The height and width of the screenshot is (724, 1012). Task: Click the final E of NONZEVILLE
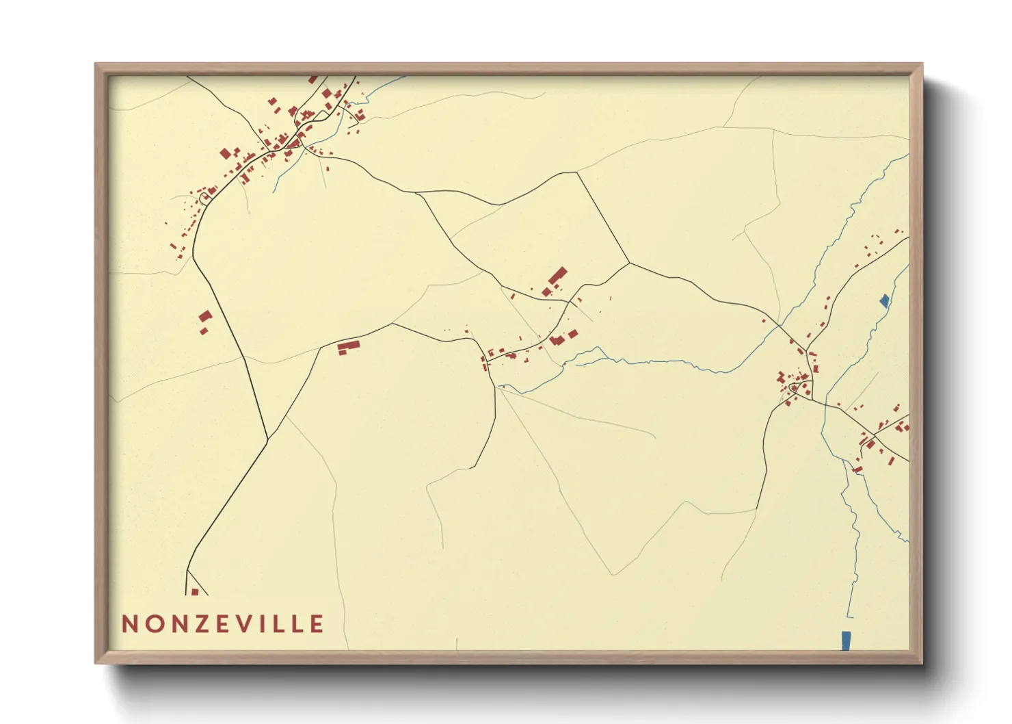tap(317, 624)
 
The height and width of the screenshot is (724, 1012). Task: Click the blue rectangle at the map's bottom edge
tap(846, 641)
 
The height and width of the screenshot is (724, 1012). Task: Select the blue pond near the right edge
tap(884, 300)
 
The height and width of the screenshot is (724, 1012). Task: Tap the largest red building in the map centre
tap(558, 276)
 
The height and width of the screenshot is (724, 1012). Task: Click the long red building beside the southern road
tap(349, 346)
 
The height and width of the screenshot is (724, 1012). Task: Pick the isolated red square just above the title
tap(195, 592)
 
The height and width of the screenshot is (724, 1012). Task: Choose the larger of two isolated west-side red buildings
tap(205, 316)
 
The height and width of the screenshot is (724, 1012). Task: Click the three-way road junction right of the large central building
tap(629, 263)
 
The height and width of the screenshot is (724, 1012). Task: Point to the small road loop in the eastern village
tap(793, 388)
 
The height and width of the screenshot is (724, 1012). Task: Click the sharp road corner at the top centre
tap(576, 172)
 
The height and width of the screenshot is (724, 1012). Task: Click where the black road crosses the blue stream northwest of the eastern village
tap(780, 325)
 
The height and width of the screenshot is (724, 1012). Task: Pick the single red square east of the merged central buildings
tap(573, 334)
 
